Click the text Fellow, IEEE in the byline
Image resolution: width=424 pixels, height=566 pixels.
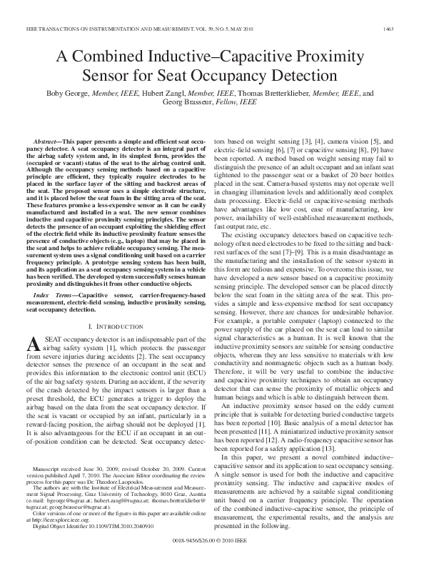[x=238, y=102]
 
